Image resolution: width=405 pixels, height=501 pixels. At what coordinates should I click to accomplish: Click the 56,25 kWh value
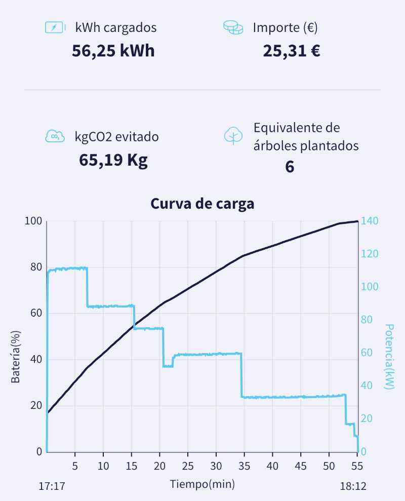113,51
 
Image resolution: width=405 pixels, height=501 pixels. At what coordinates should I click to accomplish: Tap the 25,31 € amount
291,51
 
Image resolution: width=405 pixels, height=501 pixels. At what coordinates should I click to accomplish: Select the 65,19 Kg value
113,160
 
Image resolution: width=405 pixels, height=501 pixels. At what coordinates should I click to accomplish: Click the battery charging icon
55,27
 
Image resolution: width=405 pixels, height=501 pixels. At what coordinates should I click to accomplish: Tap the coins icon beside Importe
233,27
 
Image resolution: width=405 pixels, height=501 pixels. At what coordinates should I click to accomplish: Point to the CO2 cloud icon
55,136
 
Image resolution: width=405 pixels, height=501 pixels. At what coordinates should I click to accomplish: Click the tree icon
233,136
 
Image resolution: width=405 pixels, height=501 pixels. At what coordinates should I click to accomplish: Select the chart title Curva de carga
202,204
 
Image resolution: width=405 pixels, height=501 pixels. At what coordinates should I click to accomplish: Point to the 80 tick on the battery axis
34,267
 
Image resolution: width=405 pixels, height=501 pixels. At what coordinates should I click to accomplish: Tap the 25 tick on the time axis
188,466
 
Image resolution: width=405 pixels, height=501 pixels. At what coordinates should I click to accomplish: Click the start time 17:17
52,486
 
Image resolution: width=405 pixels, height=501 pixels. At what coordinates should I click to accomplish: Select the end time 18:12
353,486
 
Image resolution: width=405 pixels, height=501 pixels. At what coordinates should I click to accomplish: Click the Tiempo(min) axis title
202,484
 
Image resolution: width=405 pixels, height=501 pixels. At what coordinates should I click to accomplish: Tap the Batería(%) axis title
16,355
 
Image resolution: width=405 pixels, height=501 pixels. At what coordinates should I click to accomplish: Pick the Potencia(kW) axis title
389,357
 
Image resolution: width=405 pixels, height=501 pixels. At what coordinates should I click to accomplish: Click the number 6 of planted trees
290,167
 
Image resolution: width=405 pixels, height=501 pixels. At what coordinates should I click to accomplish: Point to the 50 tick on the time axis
329,466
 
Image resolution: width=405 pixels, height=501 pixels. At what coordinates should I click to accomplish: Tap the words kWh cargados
116,27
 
